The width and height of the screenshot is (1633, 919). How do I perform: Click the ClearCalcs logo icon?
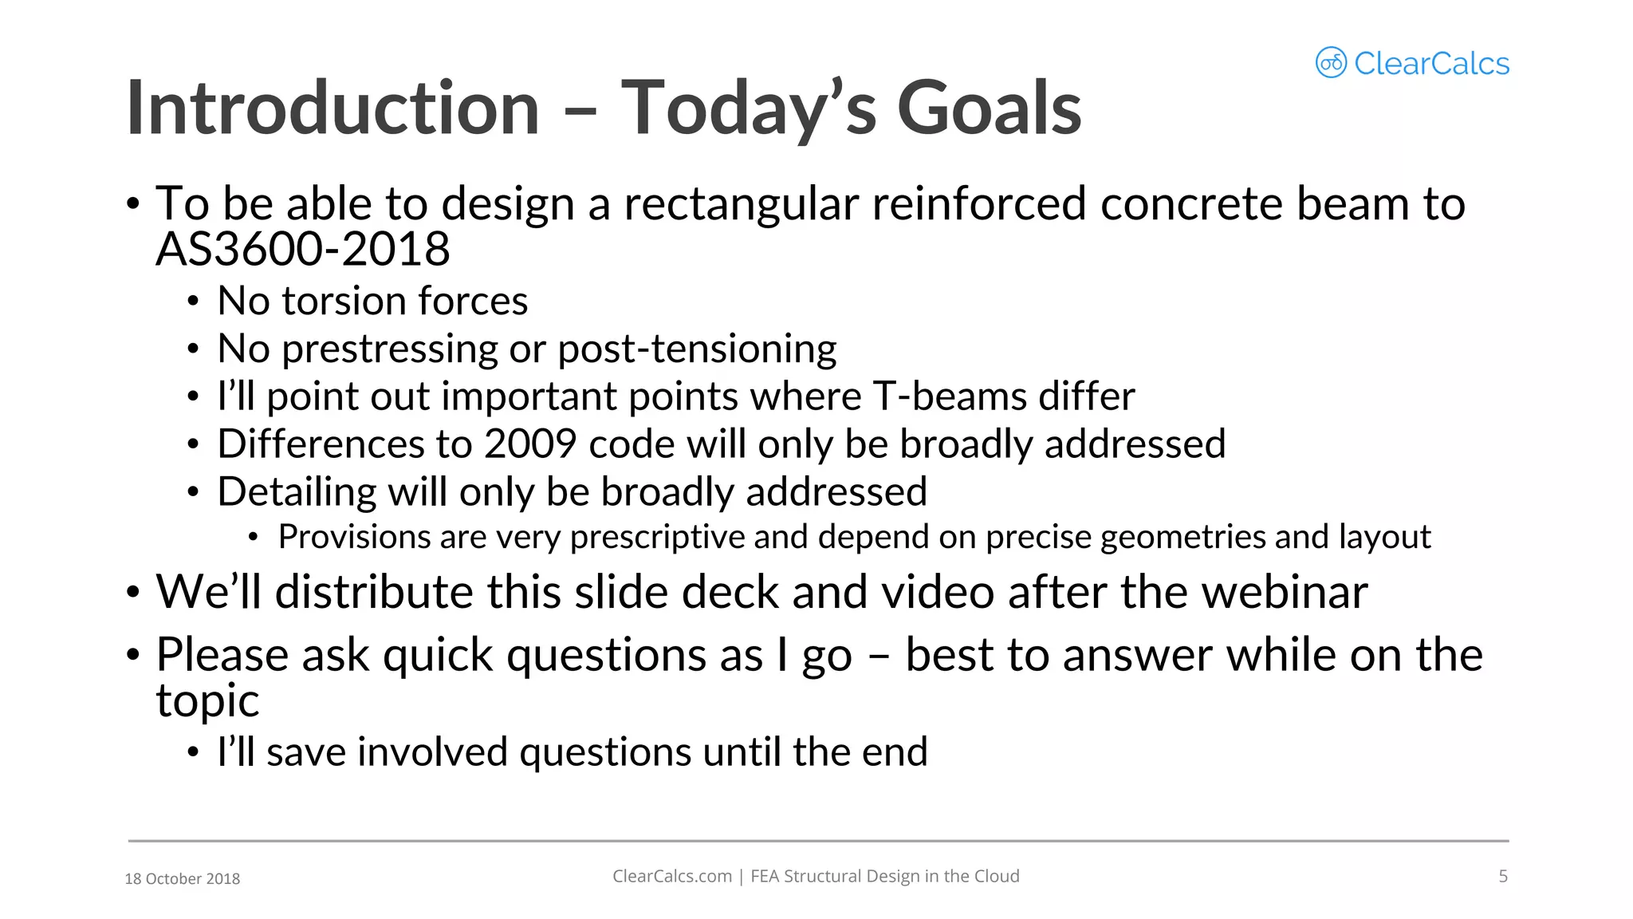[1330, 62]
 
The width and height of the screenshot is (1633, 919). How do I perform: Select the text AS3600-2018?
[303, 250]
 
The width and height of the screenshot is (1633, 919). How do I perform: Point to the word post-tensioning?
[697, 349]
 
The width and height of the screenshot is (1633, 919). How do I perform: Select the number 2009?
[530, 444]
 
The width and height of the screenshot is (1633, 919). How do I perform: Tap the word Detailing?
[297, 492]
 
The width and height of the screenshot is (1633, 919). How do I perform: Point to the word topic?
[207, 702]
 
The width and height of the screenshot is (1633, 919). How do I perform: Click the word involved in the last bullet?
[432, 752]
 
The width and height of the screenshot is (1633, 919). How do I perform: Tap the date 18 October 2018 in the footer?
[183, 879]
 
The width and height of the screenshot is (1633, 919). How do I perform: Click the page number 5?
[1503, 877]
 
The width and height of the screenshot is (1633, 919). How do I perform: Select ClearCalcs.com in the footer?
[671, 877]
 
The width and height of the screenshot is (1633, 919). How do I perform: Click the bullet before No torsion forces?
[193, 302]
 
